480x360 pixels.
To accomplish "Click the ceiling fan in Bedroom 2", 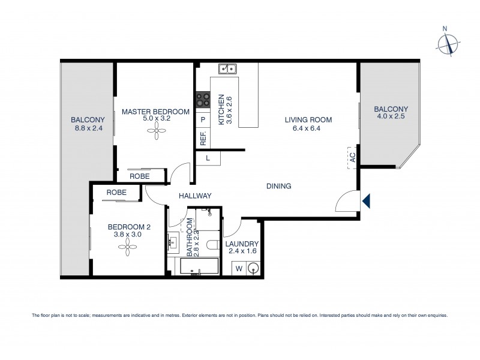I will (x=129, y=251).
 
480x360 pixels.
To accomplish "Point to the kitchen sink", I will (x=228, y=70).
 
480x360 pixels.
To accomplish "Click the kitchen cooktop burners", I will (x=202, y=99).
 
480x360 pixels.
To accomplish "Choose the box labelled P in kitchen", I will (x=203, y=120).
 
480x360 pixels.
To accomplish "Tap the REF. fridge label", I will (x=203, y=139).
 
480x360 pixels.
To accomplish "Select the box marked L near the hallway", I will (x=208, y=158).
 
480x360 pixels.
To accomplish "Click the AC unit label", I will (x=352, y=158).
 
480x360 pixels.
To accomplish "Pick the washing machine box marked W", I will (x=238, y=268).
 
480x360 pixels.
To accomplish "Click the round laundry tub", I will (x=254, y=268).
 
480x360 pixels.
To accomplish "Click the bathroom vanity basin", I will (x=173, y=243).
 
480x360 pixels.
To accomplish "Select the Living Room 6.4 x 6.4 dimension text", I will (x=308, y=128).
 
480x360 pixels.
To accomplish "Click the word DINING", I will (x=278, y=186).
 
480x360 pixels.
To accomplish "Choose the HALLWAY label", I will (x=195, y=196).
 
